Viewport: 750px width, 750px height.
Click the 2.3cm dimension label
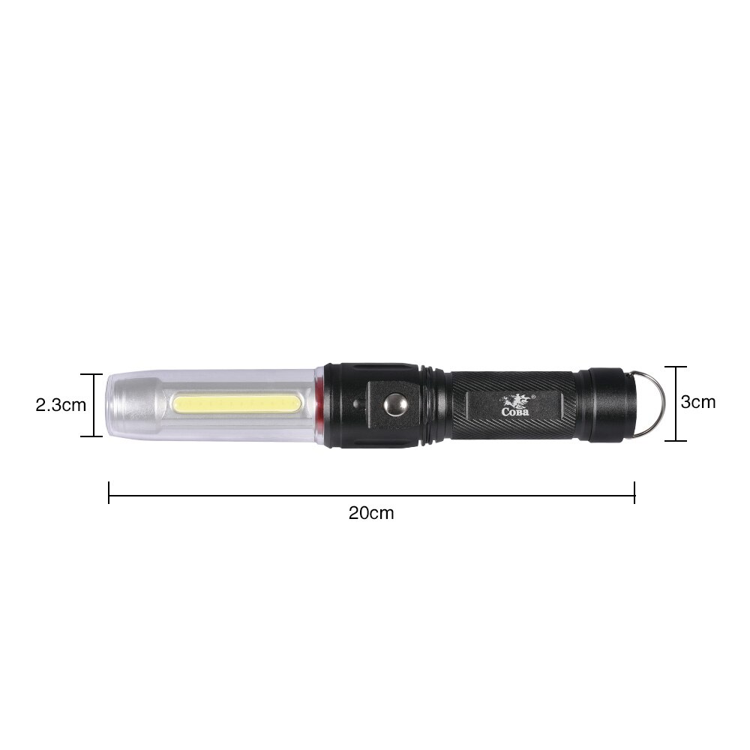coord(61,405)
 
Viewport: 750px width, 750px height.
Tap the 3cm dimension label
coord(697,402)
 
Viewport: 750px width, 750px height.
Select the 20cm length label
coord(370,513)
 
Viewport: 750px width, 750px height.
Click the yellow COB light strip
coord(238,405)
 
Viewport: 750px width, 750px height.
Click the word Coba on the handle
coord(514,411)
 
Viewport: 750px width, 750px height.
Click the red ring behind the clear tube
coord(320,405)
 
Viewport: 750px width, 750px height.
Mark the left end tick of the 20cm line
coord(109,492)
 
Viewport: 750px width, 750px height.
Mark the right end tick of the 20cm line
coord(634,492)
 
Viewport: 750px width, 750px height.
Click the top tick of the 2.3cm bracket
coord(92,374)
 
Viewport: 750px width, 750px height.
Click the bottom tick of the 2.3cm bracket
coord(92,436)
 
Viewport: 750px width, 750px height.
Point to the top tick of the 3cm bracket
coord(676,367)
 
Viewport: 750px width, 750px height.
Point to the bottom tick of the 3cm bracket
coord(676,440)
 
